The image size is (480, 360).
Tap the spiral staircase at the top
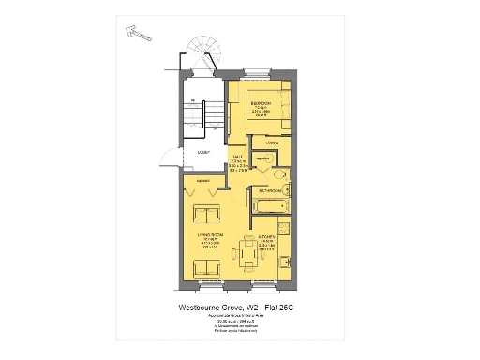coord(201,52)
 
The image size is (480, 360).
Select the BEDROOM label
coord(262,102)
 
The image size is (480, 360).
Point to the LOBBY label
coord(204,152)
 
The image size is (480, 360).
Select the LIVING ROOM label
coord(208,238)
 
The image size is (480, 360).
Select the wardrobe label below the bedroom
coord(272,142)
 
